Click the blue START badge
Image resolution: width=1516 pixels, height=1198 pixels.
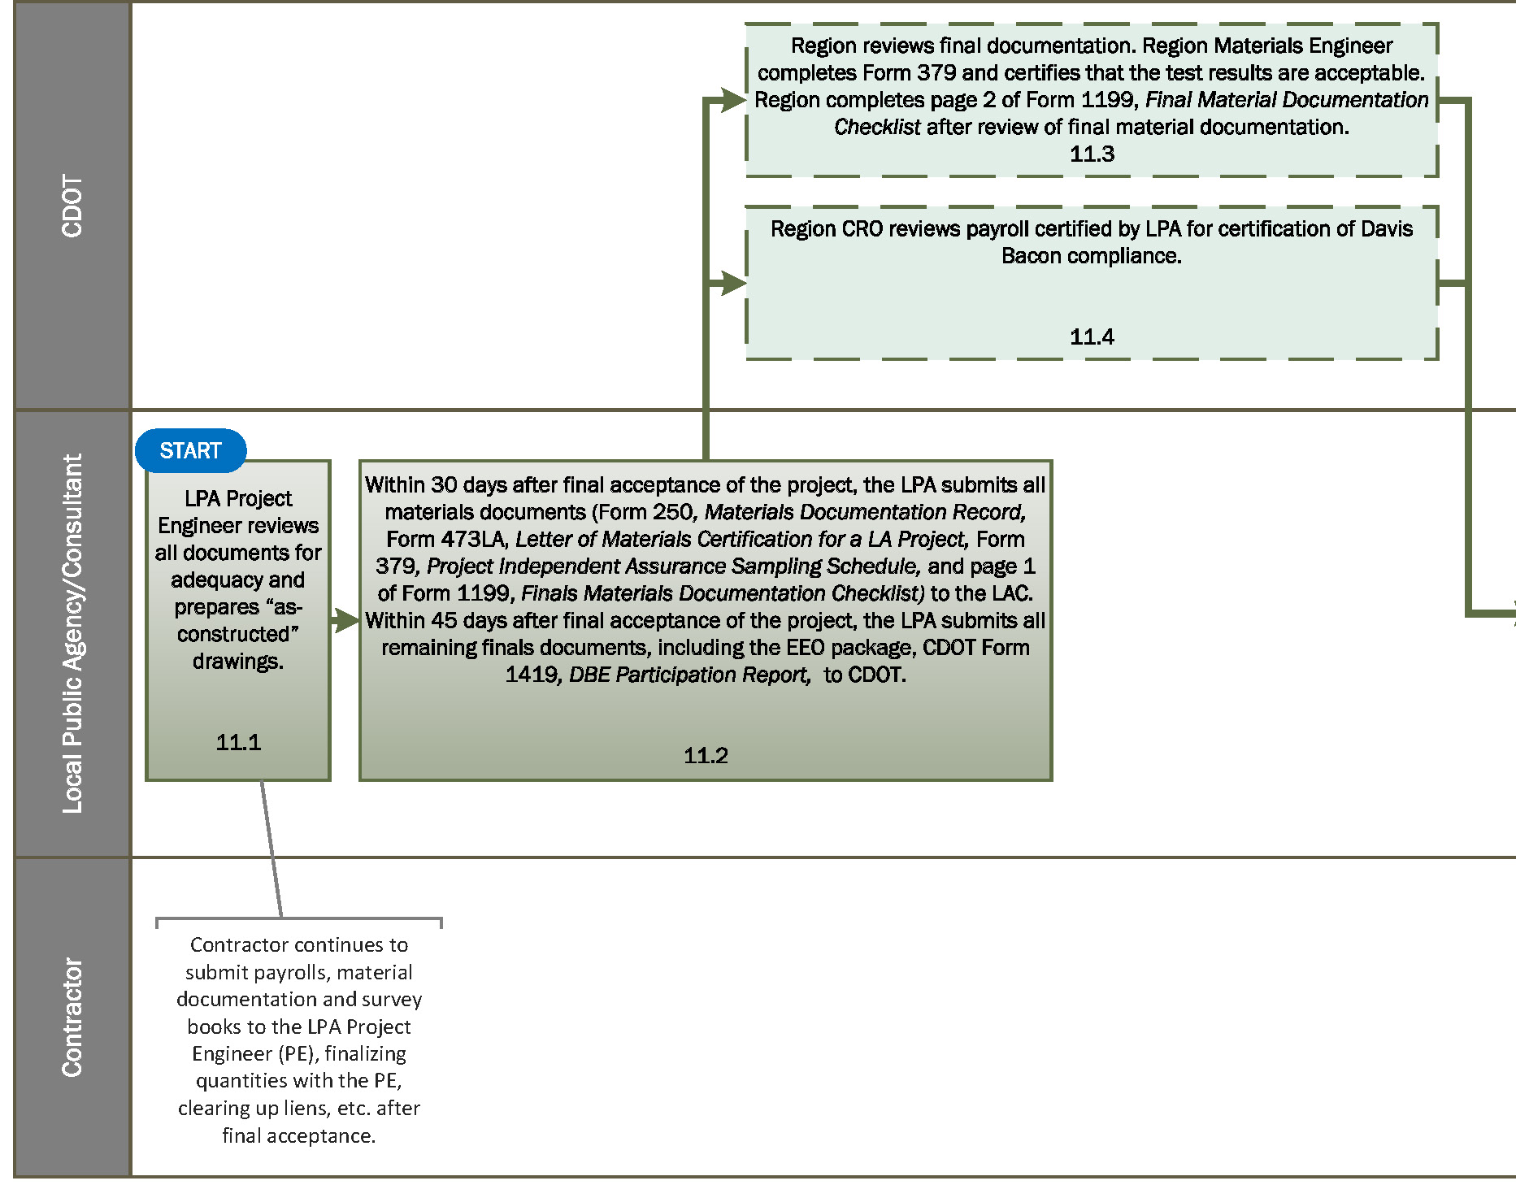(x=190, y=450)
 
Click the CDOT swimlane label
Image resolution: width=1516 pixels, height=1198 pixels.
(x=72, y=206)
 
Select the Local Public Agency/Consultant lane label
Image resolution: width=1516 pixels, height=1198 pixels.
(x=72, y=633)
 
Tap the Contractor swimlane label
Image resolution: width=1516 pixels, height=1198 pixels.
(x=72, y=1017)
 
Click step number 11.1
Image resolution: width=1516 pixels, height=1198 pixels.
(x=238, y=742)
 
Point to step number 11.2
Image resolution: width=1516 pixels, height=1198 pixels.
(x=706, y=756)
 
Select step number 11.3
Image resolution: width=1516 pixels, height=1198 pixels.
(x=1092, y=154)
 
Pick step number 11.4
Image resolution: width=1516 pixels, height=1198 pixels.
(x=1092, y=337)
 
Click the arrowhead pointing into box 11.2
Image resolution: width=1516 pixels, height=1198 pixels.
(x=348, y=621)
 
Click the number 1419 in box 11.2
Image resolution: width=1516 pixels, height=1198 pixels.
(x=531, y=675)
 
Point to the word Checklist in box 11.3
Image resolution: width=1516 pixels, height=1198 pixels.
(x=877, y=128)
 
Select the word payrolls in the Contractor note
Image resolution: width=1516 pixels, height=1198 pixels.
(x=293, y=973)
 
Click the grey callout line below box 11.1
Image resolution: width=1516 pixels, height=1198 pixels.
(x=271, y=849)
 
